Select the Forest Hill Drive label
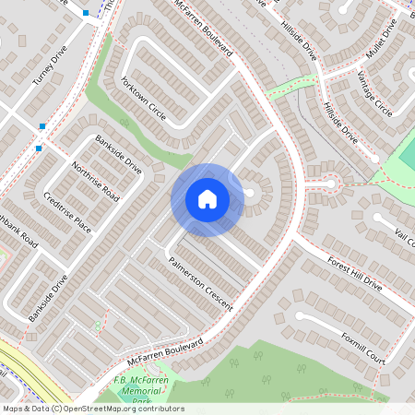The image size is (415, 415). pos(354,274)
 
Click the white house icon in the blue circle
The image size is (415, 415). pos(207,198)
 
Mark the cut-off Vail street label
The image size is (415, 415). pos(404,233)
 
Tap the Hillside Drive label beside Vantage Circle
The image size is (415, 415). pos(340,121)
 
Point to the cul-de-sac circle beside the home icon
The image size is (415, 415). pos(250,193)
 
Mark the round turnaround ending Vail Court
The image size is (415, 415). pos(378,219)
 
